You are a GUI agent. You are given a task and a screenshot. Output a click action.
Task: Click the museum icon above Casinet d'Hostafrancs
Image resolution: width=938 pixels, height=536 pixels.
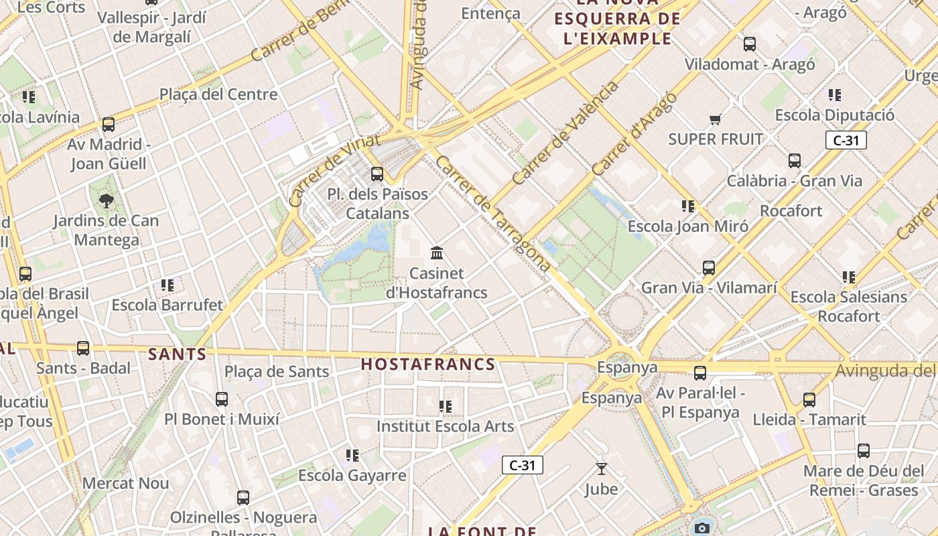click(x=438, y=253)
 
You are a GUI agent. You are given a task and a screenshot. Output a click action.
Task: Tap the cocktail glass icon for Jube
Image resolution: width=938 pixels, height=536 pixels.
click(x=601, y=469)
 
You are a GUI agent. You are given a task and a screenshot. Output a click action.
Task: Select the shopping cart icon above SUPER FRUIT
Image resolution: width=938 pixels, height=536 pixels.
click(x=716, y=120)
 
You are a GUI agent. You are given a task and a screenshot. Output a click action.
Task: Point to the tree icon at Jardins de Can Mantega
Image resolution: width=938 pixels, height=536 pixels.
click(x=106, y=200)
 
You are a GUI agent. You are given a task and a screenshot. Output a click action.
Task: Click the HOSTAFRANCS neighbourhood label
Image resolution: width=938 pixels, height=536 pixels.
click(x=428, y=364)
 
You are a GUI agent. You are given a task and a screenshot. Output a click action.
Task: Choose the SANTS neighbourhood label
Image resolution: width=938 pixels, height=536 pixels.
click(x=177, y=354)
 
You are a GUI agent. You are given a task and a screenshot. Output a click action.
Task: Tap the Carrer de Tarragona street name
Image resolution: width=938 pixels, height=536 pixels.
click(x=492, y=213)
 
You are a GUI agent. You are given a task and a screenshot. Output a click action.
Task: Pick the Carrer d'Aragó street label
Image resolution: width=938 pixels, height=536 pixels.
click(x=634, y=134)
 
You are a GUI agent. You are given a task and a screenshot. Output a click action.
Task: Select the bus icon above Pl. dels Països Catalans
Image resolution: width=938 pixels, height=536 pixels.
click(x=377, y=174)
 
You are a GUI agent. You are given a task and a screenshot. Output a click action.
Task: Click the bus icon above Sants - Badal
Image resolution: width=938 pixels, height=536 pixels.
click(x=83, y=348)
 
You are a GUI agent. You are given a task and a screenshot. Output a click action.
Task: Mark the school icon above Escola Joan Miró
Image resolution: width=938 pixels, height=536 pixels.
click(x=688, y=206)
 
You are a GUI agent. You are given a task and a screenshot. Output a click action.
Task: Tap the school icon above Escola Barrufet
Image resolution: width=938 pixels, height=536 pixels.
click(x=167, y=285)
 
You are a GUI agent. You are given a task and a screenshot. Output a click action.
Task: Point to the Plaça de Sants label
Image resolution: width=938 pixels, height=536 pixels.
click(x=277, y=371)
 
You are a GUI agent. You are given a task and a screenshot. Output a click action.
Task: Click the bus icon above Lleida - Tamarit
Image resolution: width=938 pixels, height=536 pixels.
click(x=809, y=400)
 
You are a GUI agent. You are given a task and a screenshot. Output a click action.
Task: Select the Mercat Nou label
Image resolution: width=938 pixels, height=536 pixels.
click(x=126, y=483)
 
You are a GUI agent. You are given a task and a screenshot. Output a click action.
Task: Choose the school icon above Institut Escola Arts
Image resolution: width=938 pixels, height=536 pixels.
click(x=446, y=407)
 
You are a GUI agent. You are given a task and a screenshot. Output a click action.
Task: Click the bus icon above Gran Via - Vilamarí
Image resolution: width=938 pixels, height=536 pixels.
click(x=709, y=268)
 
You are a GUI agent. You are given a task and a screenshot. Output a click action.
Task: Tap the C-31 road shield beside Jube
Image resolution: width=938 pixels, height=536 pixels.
click(x=523, y=465)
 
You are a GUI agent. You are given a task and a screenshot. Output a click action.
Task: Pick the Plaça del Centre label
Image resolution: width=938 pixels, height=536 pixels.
click(x=218, y=94)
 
